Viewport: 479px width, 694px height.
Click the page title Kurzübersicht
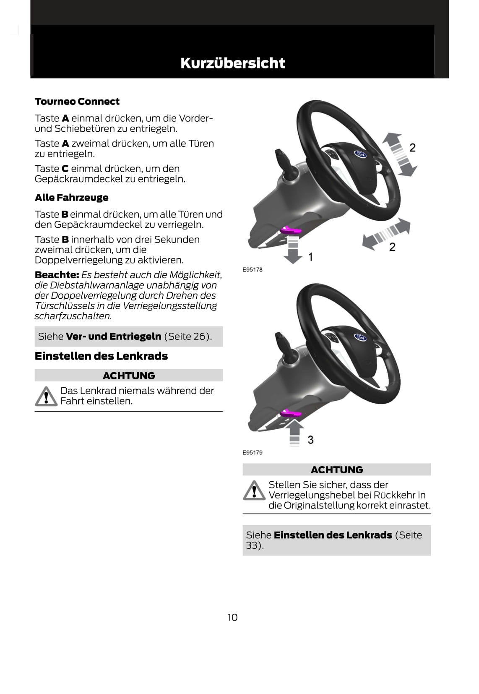(x=232, y=63)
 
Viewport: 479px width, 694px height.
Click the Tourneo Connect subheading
(x=77, y=102)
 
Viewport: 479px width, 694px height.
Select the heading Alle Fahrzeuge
(x=71, y=198)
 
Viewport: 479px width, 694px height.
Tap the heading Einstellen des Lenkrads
(x=101, y=356)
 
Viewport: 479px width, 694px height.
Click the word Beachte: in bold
(x=57, y=275)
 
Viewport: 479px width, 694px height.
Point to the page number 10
(x=232, y=617)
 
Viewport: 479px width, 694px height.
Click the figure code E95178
(x=253, y=269)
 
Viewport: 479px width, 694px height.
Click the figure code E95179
(x=253, y=452)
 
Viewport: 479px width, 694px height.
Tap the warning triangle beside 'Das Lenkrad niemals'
(x=45, y=397)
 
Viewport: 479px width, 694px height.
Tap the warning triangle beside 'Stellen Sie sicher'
(x=253, y=490)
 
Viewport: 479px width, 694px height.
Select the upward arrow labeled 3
(x=295, y=432)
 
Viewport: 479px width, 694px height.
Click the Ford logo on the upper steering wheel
(x=360, y=154)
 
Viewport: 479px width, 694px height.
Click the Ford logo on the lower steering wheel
(x=360, y=337)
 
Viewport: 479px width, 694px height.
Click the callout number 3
(x=310, y=440)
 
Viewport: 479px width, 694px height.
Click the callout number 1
(x=310, y=257)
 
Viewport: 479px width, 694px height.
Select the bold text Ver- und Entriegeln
(x=113, y=337)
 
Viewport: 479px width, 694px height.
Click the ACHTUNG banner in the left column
(x=128, y=376)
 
